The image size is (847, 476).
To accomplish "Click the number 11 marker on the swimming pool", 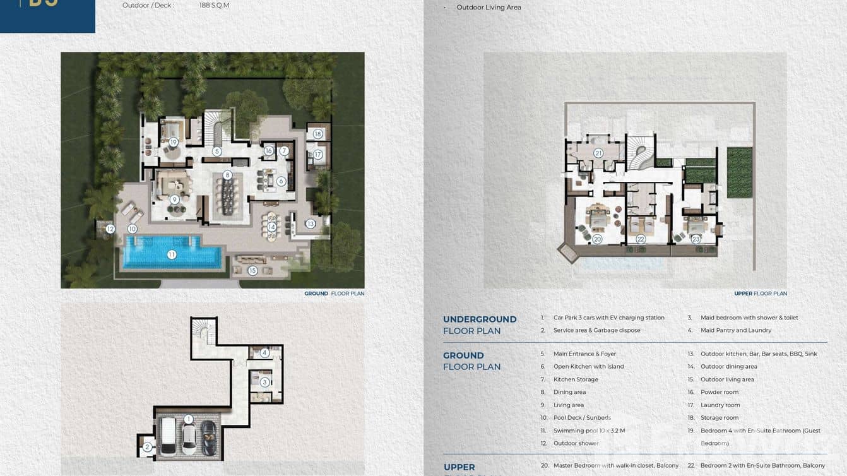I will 171,254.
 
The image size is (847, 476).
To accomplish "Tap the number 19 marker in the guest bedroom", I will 173,142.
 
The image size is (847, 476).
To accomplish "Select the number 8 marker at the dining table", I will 227,175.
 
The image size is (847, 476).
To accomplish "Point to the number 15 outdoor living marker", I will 252,271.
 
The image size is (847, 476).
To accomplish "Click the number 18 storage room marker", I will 317,134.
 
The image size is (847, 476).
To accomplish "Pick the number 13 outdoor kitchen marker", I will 311,223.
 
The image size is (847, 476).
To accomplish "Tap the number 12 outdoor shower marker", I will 110,229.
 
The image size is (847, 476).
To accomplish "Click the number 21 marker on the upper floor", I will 598,153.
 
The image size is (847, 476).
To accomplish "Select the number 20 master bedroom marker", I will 597,239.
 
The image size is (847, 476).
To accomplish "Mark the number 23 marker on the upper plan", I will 696,239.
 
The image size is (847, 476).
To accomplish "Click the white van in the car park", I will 168,437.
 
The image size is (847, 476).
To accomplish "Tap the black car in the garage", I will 208,437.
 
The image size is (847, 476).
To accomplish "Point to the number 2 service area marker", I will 146,447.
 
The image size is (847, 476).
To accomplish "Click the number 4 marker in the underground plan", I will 265,353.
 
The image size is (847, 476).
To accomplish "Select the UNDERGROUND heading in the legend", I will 480,319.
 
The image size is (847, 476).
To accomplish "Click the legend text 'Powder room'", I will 719,392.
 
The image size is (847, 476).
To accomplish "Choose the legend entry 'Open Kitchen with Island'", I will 588,366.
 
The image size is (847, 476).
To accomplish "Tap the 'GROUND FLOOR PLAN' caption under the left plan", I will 334,294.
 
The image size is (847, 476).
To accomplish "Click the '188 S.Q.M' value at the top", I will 214,5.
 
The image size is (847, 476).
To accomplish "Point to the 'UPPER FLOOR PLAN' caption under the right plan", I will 760,294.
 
